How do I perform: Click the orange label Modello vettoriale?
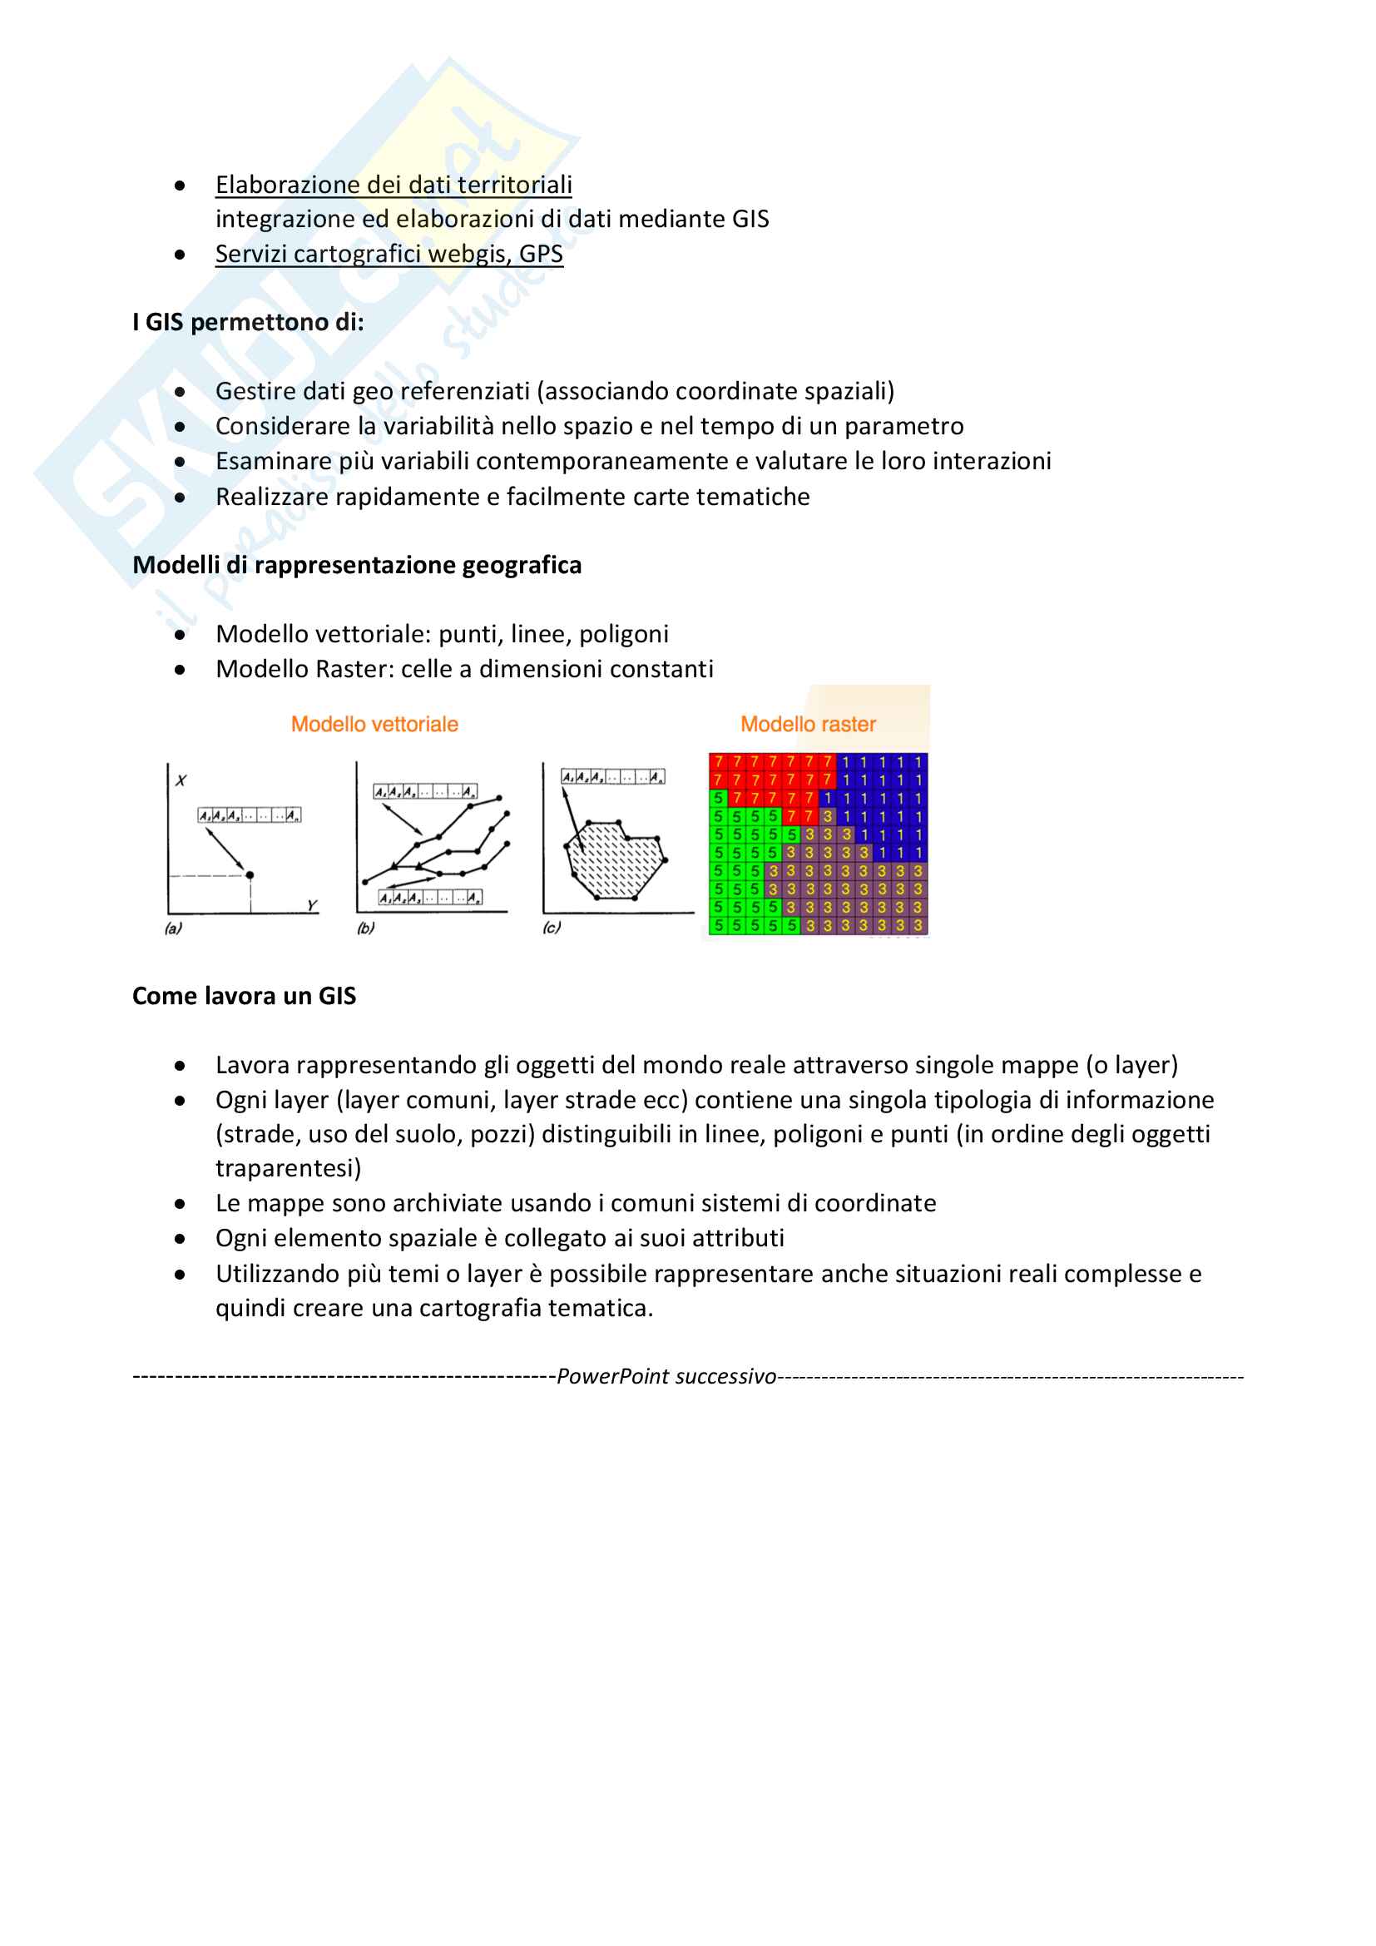pos(374,724)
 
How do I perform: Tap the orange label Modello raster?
pos(808,724)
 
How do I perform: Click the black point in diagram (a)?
pos(249,874)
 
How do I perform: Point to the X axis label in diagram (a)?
pos(181,780)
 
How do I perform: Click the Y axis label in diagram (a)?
pos(312,905)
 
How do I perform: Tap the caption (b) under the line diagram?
pos(365,928)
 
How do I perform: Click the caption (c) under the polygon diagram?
pos(552,928)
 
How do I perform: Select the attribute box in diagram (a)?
pos(249,815)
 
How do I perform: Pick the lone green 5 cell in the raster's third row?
pos(719,799)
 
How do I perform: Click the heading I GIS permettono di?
pos(248,322)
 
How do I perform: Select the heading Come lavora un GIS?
pos(244,996)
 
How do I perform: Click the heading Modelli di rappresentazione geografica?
pos(357,565)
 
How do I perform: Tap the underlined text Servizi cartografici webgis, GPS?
pos(389,254)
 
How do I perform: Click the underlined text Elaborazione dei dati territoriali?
pos(393,185)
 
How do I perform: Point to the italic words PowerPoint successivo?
pos(666,1376)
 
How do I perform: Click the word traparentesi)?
pos(288,1168)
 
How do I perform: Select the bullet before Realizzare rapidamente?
pos(180,498)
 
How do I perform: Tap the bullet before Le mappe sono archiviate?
pos(180,1204)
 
